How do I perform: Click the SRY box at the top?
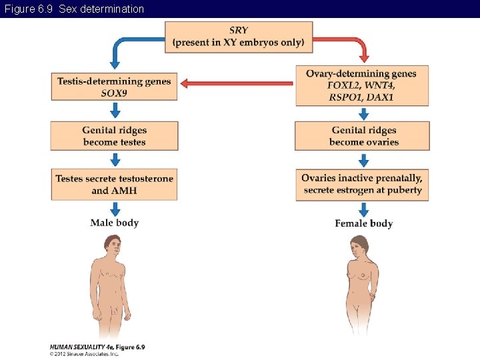[x=238, y=36]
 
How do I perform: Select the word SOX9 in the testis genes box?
[x=114, y=93]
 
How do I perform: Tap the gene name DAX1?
[x=380, y=97]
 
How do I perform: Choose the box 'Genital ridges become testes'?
[x=114, y=136]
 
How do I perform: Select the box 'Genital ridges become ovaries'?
[x=363, y=136]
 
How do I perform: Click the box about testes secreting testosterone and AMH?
[x=114, y=185]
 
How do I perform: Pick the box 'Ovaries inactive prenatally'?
[x=362, y=184]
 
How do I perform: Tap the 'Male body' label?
[x=114, y=223]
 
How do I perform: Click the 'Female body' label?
[x=363, y=223]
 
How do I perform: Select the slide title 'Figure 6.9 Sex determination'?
[x=74, y=9]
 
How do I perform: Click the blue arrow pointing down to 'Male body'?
[x=115, y=209]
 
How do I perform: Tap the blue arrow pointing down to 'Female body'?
[x=363, y=209]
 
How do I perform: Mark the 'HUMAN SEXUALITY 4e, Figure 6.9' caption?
[x=97, y=347]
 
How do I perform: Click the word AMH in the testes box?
[x=124, y=191]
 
